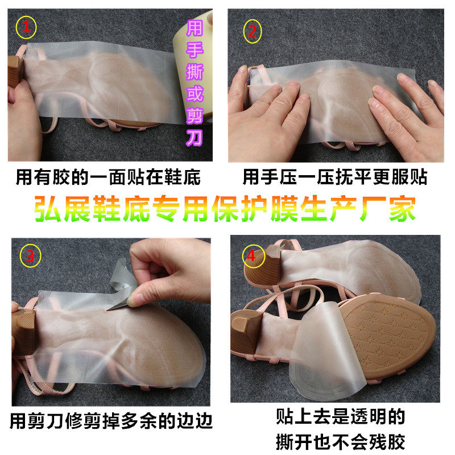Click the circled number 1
click(26, 27)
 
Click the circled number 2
click(252, 31)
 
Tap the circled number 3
click(30, 256)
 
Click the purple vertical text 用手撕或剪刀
click(195, 83)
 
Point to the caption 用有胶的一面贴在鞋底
click(108, 177)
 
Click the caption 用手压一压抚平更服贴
click(334, 177)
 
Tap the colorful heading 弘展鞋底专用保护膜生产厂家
click(225, 209)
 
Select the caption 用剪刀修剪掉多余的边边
click(111, 421)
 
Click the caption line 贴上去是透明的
click(340, 416)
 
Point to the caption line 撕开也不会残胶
click(340, 441)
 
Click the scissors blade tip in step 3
click(107, 310)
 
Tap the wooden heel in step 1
click(15, 72)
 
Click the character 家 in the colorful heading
click(402, 209)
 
